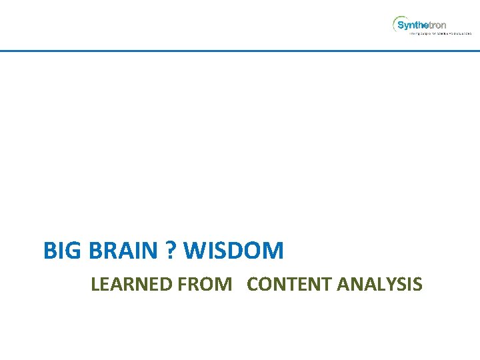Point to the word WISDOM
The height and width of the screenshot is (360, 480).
233,251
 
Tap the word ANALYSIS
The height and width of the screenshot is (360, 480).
380,285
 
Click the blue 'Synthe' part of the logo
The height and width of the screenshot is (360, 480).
412,25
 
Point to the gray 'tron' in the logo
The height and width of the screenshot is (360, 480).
437,25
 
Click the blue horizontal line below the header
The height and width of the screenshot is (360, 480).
240,51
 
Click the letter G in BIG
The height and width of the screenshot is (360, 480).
68,251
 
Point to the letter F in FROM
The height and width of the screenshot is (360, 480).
182,285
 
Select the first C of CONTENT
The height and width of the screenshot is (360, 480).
252,285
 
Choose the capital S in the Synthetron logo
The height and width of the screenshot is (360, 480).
401,25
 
